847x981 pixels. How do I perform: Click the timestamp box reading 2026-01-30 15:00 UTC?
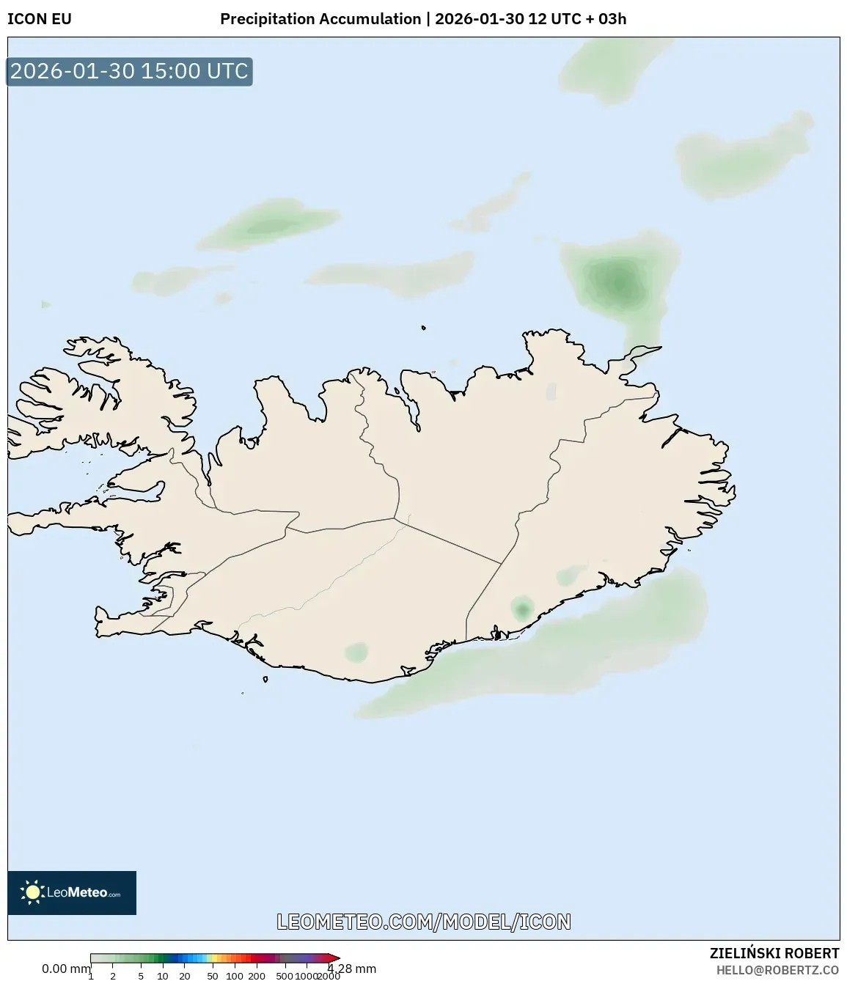tap(130, 71)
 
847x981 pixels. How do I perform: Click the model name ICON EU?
tap(40, 19)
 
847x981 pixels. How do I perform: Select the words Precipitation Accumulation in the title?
tap(320, 19)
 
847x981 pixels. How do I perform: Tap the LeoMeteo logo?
tap(72, 892)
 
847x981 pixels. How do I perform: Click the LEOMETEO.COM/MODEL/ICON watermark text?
tap(423, 922)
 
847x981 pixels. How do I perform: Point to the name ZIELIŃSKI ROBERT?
tap(774, 953)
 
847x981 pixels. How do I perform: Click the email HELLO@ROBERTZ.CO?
tap(777, 970)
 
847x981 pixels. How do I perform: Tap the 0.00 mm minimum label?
tap(65, 969)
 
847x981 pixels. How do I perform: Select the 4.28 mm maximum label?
tap(353, 969)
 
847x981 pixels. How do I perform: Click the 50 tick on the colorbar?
tap(212, 976)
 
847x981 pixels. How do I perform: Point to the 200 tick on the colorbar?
tap(257, 976)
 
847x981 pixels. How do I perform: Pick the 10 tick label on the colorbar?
tap(163, 976)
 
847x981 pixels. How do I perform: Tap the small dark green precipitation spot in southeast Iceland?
tap(522, 609)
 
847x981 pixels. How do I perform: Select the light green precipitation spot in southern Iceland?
tap(357, 651)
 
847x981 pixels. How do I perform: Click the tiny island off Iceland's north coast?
tap(424, 328)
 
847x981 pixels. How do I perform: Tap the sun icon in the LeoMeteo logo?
tap(32, 892)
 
